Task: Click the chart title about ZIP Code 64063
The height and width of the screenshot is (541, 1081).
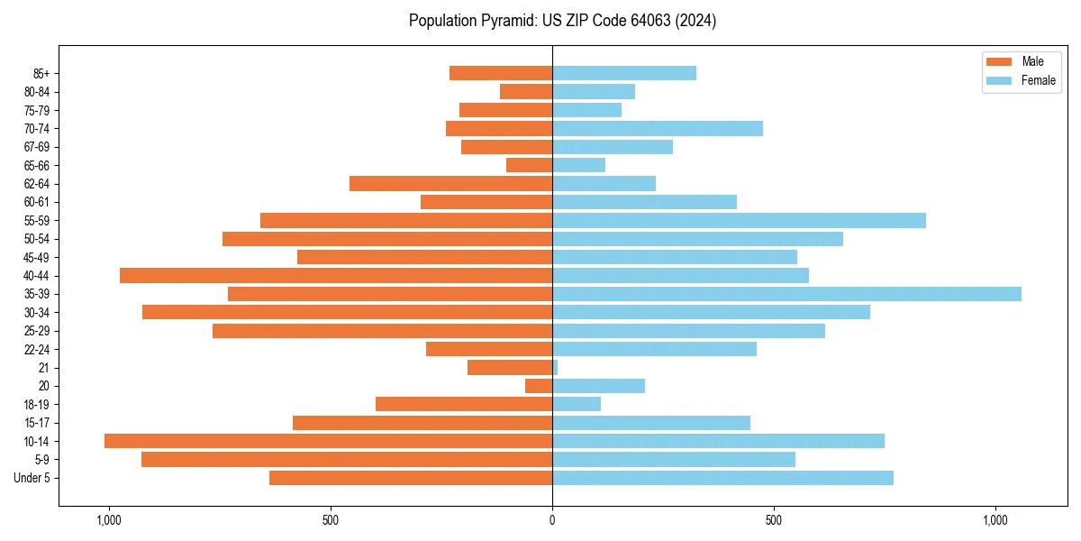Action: [x=562, y=21]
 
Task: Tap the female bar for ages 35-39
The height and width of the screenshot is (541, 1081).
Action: [x=786, y=294]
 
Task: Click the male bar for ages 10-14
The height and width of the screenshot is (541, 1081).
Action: [x=328, y=441]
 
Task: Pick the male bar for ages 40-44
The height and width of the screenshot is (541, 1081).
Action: [x=336, y=275]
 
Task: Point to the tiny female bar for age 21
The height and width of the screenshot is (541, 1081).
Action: [x=555, y=367]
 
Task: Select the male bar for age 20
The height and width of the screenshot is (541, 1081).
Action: [x=539, y=386]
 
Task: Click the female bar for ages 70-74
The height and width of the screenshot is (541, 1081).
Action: [x=658, y=128]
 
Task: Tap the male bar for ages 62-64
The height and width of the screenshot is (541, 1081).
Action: [x=450, y=183]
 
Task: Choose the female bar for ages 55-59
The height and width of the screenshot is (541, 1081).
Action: [x=739, y=220]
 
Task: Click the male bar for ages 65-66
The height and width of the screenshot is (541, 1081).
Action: [x=529, y=165]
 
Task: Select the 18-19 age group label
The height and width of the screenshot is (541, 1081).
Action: [x=37, y=404]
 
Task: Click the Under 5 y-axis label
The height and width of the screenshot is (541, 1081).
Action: [x=32, y=478]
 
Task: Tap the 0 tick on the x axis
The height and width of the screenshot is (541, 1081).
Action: [x=552, y=520]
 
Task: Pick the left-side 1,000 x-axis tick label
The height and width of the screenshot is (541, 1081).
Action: [x=108, y=520]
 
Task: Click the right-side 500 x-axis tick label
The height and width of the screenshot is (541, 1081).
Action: [x=774, y=520]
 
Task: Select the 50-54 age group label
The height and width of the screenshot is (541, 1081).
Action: [x=37, y=239]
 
